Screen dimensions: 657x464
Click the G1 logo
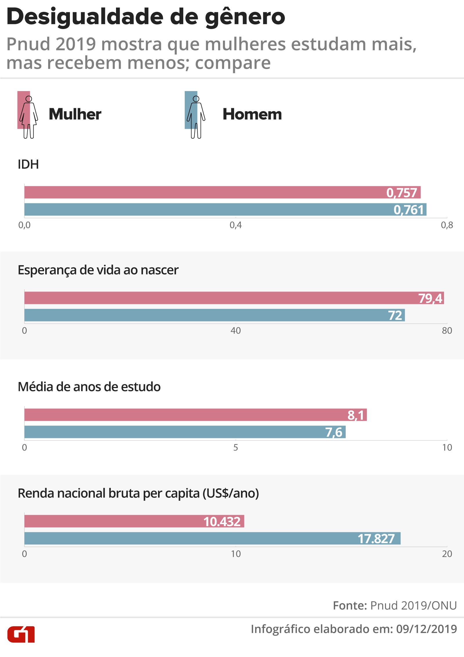(21, 634)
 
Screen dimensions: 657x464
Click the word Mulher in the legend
(75, 114)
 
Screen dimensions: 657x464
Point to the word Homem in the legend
(252, 114)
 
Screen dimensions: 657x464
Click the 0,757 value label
(402, 193)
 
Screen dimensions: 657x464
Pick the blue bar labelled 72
(214, 315)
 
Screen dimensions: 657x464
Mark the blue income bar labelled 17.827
(212, 538)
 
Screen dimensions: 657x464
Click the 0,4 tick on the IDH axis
(235, 225)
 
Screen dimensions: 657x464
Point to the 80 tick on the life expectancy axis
(447, 331)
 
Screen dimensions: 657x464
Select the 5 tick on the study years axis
(235, 448)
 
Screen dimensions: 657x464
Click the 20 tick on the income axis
(447, 554)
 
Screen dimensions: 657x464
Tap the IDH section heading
(28, 164)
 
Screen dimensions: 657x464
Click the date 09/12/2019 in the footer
(426, 629)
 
